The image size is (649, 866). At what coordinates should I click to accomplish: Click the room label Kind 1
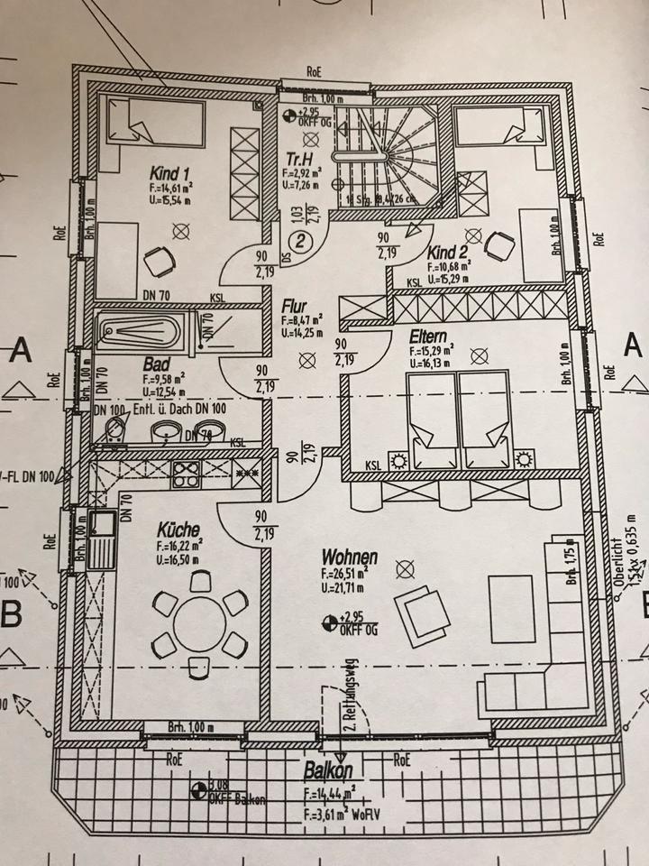coord(169,174)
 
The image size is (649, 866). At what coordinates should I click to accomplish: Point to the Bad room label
coord(157,364)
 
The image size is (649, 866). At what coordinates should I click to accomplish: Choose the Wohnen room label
coord(350,557)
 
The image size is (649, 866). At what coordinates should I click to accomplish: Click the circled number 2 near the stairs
coord(301,242)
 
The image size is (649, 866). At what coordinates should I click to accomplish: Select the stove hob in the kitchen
coord(190,474)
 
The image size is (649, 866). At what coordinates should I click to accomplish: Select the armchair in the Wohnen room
coord(422,616)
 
